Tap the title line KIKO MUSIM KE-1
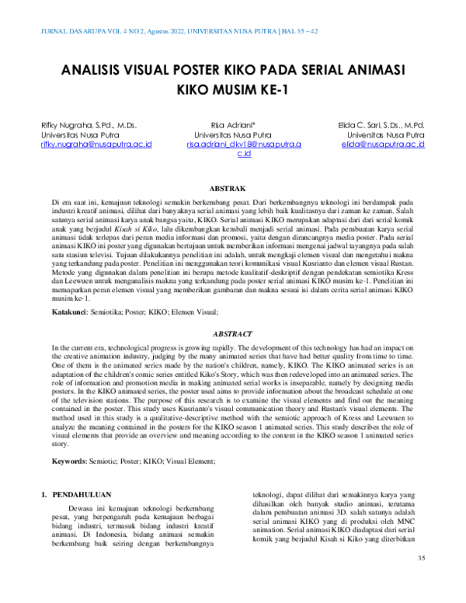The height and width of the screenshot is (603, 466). pyautogui.click(x=233, y=89)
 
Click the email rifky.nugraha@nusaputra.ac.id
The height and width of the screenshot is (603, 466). pyautogui.click(x=96, y=145)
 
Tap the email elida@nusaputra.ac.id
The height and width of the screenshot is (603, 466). pyautogui.click(x=383, y=145)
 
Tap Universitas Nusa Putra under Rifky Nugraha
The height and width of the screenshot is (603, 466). pyautogui.click(x=76, y=134)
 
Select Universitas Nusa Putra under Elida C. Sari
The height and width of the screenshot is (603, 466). pyautogui.click(x=383, y=134)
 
